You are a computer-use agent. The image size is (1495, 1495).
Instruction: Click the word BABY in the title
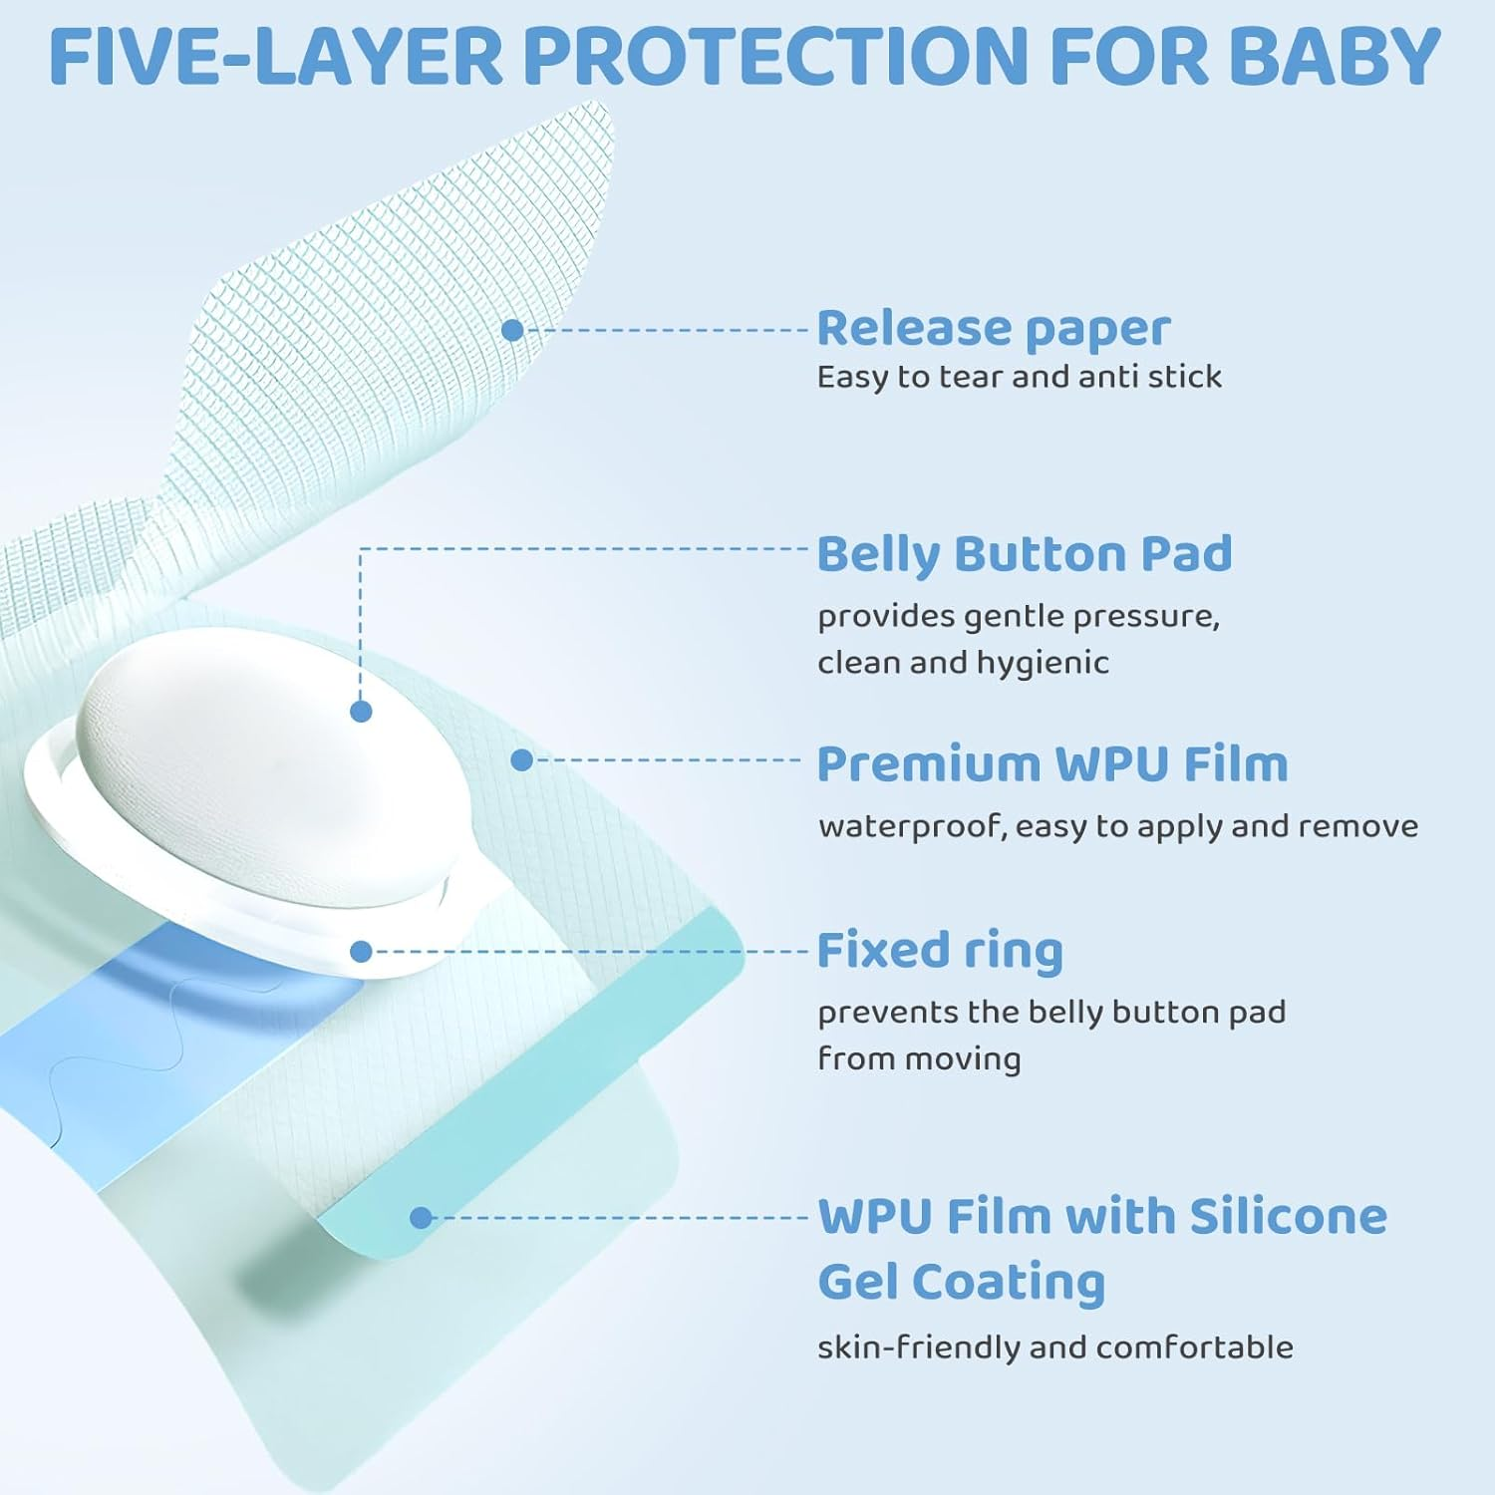tap(1335, 57)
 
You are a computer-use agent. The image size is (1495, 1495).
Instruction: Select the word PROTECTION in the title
tap(775, 57)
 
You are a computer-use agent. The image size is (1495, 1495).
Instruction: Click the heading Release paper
tap(993, 328)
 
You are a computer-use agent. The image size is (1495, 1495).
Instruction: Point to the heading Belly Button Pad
tap(1024, 554)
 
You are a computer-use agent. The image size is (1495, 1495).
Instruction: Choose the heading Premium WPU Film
tap(1051, 764)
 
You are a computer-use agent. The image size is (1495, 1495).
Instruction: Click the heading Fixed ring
tap(939, 950)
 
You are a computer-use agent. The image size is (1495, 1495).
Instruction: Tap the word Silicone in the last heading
tap(1288, 1216)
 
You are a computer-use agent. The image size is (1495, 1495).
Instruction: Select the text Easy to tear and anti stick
tap(1019, 377)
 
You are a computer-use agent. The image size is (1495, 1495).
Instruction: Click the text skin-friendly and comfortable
tap(1054, 1347)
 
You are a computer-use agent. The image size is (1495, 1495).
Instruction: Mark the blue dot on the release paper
tap(512, 330)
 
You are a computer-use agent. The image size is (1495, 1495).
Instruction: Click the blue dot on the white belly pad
tap(361, 711)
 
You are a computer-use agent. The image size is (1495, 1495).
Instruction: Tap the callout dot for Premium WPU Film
tap(521, 760)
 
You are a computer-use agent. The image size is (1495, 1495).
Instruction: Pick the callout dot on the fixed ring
tap(361, 952)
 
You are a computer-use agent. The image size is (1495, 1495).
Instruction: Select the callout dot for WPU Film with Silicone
tap(421, 1217)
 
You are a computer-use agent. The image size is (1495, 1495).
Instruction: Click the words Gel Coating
tap(961, 1282)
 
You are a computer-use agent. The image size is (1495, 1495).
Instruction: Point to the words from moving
tap(919, 1058)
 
